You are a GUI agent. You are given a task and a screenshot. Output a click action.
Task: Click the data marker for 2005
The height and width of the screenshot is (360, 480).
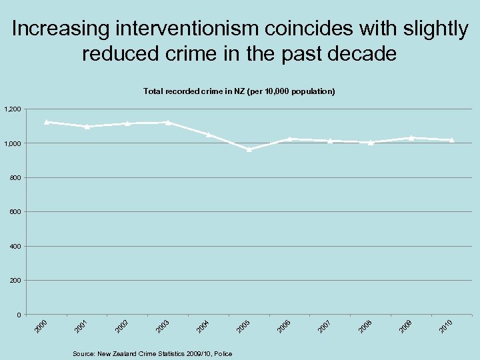[249, 149]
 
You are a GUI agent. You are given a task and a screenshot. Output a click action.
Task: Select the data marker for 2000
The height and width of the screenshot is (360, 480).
[46, 122]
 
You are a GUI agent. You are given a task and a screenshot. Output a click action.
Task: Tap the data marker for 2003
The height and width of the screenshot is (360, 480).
[168, 122]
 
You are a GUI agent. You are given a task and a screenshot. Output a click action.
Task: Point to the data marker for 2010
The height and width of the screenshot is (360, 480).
[452, 140]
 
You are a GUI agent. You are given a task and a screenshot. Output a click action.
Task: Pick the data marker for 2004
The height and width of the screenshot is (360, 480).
[209, 135]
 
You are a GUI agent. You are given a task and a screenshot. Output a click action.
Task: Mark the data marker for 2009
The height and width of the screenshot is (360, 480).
[411, 138]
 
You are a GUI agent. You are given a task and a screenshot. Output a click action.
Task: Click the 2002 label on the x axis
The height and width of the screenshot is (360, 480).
[121, 326]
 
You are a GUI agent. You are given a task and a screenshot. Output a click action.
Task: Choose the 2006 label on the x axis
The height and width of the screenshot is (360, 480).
[284, 326]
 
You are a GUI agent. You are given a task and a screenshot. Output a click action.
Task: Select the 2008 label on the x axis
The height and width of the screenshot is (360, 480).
[365, 326]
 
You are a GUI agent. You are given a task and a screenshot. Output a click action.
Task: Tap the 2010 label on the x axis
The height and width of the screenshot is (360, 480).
[446, 326]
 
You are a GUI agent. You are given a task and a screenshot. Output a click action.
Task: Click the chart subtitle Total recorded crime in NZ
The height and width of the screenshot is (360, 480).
[239, 90]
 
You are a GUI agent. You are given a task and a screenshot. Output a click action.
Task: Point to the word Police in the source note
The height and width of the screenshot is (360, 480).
[223, 353]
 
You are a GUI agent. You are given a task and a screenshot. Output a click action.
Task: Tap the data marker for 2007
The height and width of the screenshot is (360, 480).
[330, 141]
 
